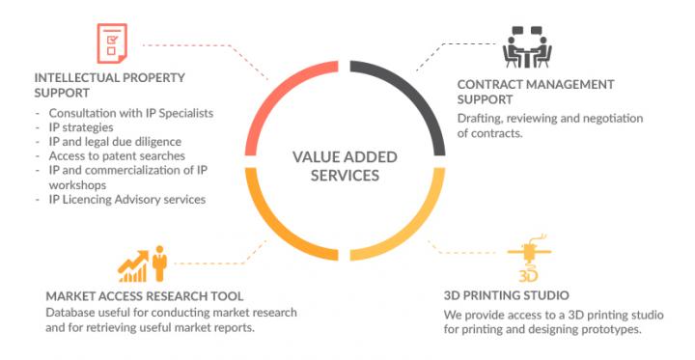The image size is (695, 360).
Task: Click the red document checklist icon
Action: (x=112, y=43)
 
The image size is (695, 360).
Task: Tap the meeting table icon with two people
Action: (x=527, y=47)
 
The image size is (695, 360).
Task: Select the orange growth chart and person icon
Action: (x=142, y=264)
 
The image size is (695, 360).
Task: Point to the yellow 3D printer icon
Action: (x=529, y=259)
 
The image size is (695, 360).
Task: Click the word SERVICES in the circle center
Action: (x=345, y=175)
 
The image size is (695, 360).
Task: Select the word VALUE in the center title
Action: (x=316, y=157)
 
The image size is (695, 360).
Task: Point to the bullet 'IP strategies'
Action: (x=81, y=127)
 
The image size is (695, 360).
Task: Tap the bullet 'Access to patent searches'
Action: (x=117, y=156)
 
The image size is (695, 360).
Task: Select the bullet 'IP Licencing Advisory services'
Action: (x=127, y=200)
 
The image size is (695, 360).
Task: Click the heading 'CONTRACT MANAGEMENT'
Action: (x=536, y=85)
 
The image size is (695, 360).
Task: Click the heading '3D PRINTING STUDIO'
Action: (x=506, y=295)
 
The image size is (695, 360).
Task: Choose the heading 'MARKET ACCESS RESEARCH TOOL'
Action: (x=145, y=296)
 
